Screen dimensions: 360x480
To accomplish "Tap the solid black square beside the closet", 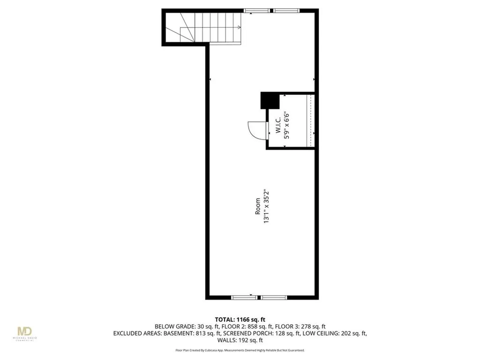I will [270, 101].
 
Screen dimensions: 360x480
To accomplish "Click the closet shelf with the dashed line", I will [309, 121].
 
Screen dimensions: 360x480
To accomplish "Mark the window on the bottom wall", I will [259, 297].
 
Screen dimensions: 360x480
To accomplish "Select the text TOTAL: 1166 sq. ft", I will [240, 320].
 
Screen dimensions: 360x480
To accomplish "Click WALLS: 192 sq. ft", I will [240, 341].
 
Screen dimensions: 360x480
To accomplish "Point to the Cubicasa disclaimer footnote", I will [240, 350].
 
